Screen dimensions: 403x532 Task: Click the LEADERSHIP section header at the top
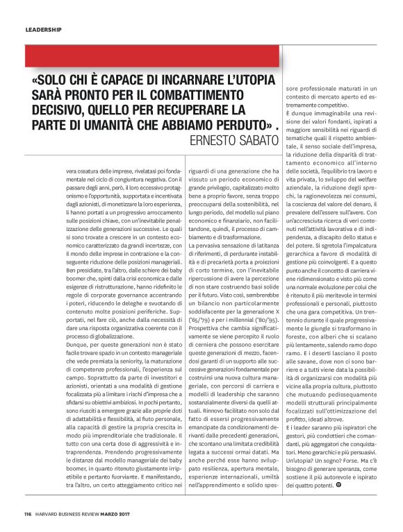(43, 30)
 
